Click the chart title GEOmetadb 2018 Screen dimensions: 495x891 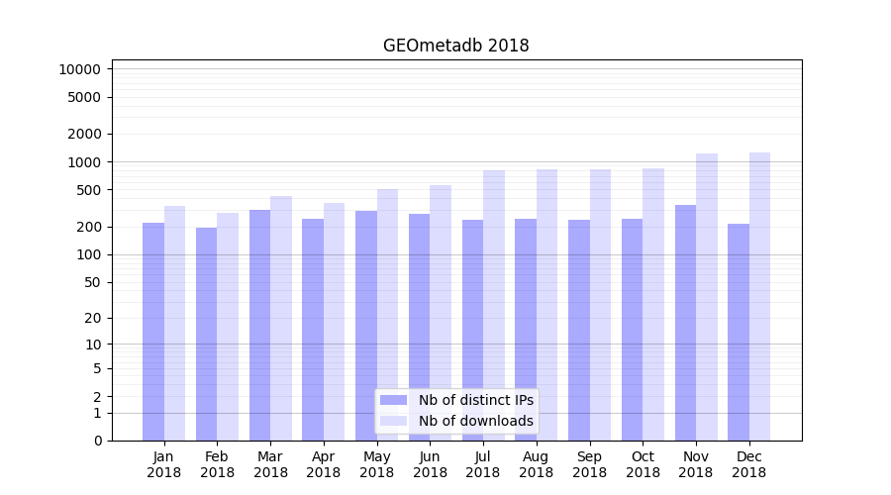coord(455,46)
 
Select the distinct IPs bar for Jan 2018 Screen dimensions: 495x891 coord(153,332)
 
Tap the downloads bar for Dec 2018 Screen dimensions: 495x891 coord(759,297)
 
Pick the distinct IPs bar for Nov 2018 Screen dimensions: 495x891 coord(685,323)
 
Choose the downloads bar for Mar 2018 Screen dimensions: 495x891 coord(281,318)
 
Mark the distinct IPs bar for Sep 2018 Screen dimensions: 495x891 coord(579,330)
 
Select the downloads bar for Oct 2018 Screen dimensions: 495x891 coord(653,304)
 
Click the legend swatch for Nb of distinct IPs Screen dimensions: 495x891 coord(393,400)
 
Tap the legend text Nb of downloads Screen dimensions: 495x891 coord(475,421)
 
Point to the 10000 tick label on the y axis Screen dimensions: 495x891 coord(79,69)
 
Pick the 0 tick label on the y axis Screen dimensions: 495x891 coord(97,441)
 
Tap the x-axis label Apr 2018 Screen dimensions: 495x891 coord(324,464)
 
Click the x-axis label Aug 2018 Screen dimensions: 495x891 coord(536,464)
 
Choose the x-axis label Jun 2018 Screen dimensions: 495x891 coord(430,464)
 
